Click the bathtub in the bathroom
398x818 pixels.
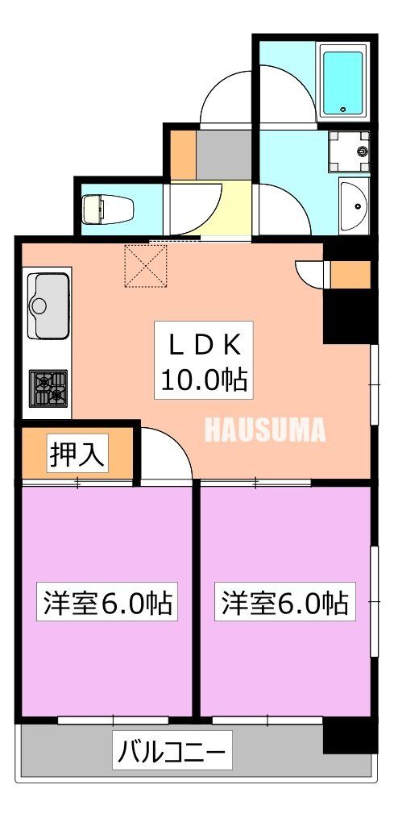point(344,81)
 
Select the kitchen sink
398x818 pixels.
point(48,305)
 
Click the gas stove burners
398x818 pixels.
point(48,388)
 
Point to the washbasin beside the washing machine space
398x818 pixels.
point(355,206)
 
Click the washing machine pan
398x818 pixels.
point(350,151)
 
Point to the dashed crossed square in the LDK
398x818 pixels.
point(146,265)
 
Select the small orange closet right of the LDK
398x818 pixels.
point(350,275)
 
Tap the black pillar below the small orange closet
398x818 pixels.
point(350,317)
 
